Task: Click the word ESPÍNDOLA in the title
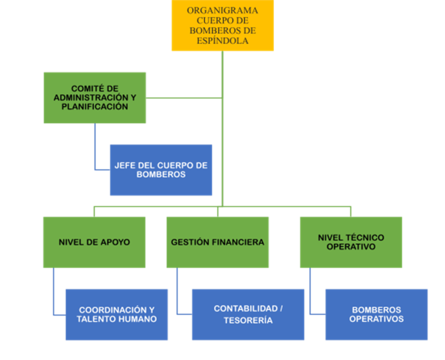[x=222, y=41]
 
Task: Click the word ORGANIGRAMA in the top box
[x=222, y=10]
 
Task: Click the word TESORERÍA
[x=248, y=320]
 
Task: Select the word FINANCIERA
[x=238, y=242]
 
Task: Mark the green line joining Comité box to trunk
[x=184, y=98]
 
